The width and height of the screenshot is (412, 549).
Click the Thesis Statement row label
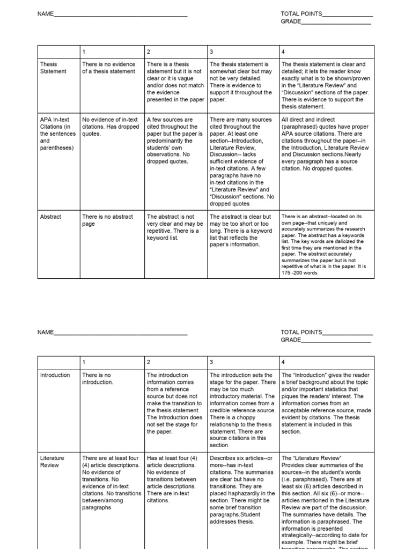click(53, 68)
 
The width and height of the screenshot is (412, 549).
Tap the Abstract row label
click(50, 217)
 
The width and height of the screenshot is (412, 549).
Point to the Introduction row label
click(55, 375)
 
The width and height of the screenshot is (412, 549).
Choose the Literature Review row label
click(52, 462)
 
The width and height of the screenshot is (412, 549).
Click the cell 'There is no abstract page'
click(101, 220)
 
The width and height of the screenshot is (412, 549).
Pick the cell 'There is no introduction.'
click(97, 379)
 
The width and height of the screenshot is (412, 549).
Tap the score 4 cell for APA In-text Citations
click(325, 144)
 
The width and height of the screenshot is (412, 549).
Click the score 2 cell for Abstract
click(175, 227)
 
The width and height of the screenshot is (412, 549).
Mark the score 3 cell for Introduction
click(241, 410)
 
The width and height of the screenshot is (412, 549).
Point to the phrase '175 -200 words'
click(299, 272)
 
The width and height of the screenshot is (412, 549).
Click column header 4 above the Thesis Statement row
click(283, 52)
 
